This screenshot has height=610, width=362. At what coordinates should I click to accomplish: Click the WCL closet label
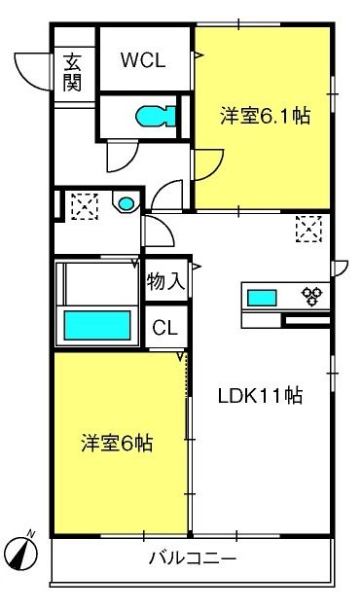tap(143, 60)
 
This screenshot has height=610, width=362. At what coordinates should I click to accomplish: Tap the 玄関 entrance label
tap(73, 72)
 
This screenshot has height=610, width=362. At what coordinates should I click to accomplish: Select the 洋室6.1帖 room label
tap(266, 116)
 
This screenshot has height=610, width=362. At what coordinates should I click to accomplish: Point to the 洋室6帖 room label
tap(117, 443)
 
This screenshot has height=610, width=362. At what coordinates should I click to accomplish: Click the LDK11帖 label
tap(260, 396)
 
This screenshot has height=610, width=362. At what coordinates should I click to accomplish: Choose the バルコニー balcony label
tap(193, 559)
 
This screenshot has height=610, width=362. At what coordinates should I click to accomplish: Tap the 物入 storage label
tap(165, 281)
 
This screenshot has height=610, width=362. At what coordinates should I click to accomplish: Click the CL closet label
tap(165, 328)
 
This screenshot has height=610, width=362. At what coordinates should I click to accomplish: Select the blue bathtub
tap(97, 325)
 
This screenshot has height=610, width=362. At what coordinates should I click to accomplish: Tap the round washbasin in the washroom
tap(127, 203)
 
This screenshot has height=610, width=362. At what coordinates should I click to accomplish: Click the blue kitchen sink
tap(262, 298)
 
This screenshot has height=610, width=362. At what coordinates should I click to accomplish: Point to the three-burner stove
tap(312, 296)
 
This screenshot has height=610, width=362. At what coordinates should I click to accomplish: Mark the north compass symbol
tap(23, 552)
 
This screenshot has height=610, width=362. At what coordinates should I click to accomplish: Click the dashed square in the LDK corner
tap(308, 230)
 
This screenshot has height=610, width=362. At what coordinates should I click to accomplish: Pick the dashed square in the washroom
tap(85, 206)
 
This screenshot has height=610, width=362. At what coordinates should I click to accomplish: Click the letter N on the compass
tap(31, 534)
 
